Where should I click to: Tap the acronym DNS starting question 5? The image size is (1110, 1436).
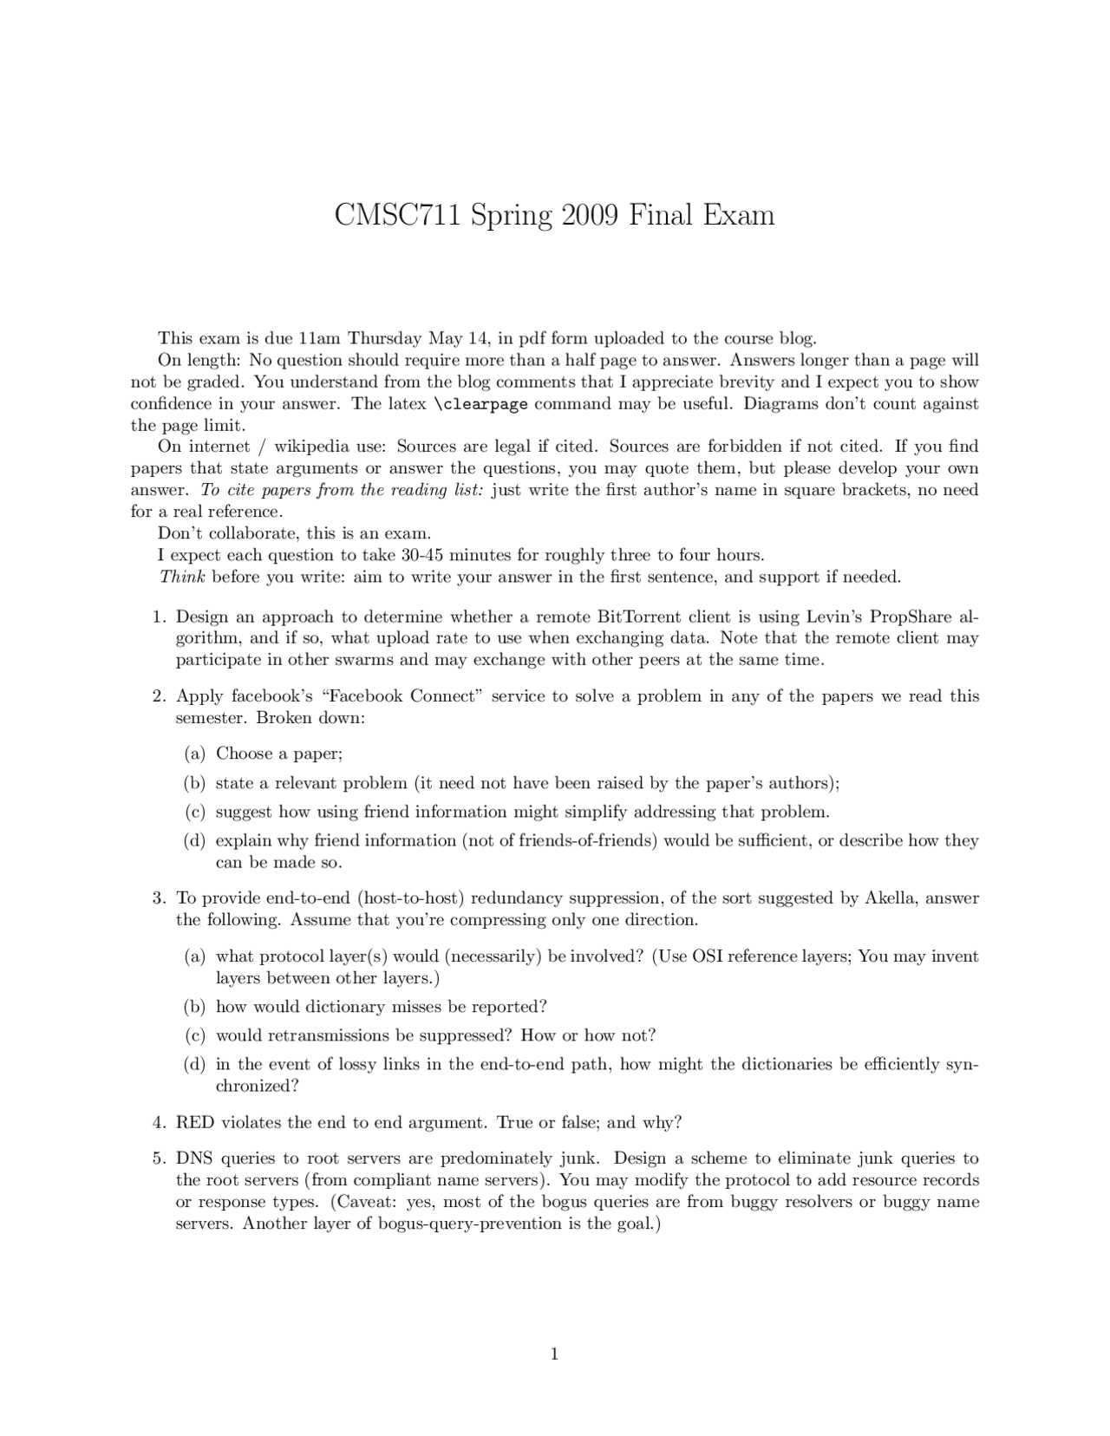(x=195, y=1159)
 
